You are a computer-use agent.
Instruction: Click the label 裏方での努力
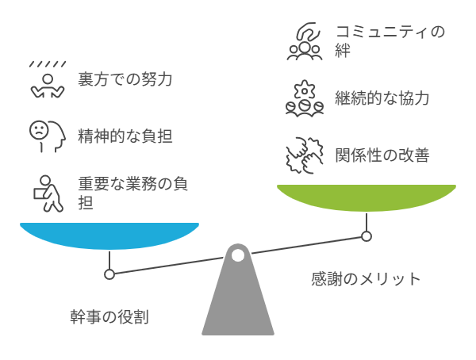point(125,79)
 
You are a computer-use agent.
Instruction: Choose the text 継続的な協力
point(382,99)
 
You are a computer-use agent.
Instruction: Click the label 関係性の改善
point(382,155)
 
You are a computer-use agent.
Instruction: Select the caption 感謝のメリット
point(365,278)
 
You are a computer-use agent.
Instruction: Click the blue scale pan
point(109,236)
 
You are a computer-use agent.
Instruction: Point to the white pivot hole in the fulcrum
point(238,255)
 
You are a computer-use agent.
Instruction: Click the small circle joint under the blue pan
point(109,274)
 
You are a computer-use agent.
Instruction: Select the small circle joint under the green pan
point(366,236)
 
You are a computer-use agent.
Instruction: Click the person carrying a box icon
point(47,193)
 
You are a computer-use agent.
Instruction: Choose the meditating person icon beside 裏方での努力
point(46,80)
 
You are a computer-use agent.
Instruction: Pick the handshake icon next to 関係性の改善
point(304,155)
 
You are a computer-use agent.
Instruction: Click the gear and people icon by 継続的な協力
point(304,99)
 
